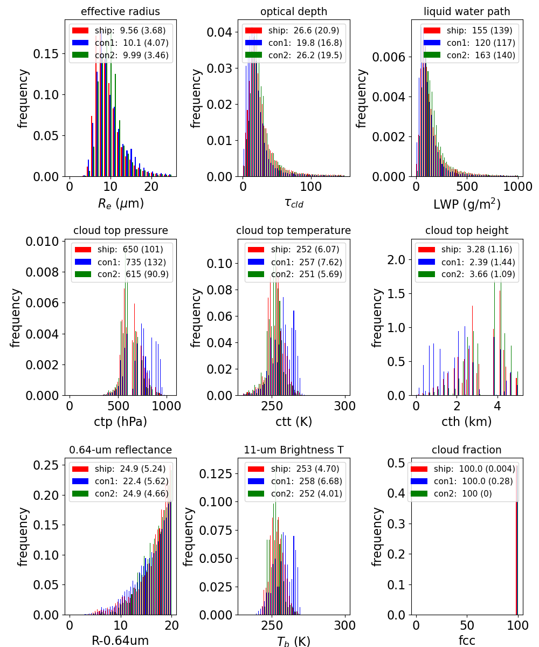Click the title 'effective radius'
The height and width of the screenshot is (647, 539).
pyautogui.click(x=120, y=11)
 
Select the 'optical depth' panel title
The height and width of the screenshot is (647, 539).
pyautogui.click(x=293, y=11)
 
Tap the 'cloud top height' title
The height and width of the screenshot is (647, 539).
pyautogui.click(x=467, y=230)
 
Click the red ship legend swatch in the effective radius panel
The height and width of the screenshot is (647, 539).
pyautogui.click(x=80, y=30)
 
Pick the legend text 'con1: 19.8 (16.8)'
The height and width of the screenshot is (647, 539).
pyautogui.click(x=305, y=43)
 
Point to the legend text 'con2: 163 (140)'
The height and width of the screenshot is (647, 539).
pyautogui.click(x=481, y=55)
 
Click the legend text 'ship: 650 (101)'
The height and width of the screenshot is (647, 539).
pyautogui.click(x=130, y=250)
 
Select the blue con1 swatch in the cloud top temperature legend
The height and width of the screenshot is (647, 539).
pyautogui.click(x=256, y=262)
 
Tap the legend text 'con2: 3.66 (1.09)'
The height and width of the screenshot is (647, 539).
pyautogui.click(x=478, y=274)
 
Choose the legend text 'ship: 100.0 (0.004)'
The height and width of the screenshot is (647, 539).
pyautogui.click(x=474, y=469)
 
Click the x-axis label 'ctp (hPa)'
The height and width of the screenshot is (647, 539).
pyautogui.click(x=120, y=422)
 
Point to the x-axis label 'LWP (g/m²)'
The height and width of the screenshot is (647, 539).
pyautogui.click(x=467, y=204)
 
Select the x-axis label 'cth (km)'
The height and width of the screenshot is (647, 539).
pyautogui.click(x=467, y=422)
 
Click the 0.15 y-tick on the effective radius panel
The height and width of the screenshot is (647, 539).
pyautogui.click(x=46, y=54)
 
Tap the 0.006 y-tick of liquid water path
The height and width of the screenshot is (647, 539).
pyautogui.click(x=389, y=57)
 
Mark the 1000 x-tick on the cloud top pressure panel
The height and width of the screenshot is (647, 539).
pyautogui.click(x=166, y=406)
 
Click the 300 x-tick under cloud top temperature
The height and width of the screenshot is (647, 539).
pyautogui.click(x=345, y=406)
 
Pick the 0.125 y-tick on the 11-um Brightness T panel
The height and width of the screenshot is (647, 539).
pyautogui.click(x=215, y=474)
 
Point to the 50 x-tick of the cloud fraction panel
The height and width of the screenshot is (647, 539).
pyautogui.click(x=467, y=625)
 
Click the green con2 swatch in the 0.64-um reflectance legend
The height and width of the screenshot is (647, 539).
pyautogui.click(x=80, y=494)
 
